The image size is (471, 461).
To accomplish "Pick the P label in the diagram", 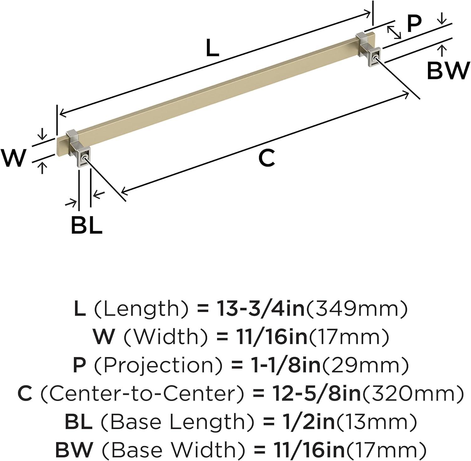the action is click(414, 24).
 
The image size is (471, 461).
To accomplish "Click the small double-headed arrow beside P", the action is click(394, 33).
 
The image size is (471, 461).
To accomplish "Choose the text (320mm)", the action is click(412, 393).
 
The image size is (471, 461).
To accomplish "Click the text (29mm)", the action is click(365, 366).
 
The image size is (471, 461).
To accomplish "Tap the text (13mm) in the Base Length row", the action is click(376, 422).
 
